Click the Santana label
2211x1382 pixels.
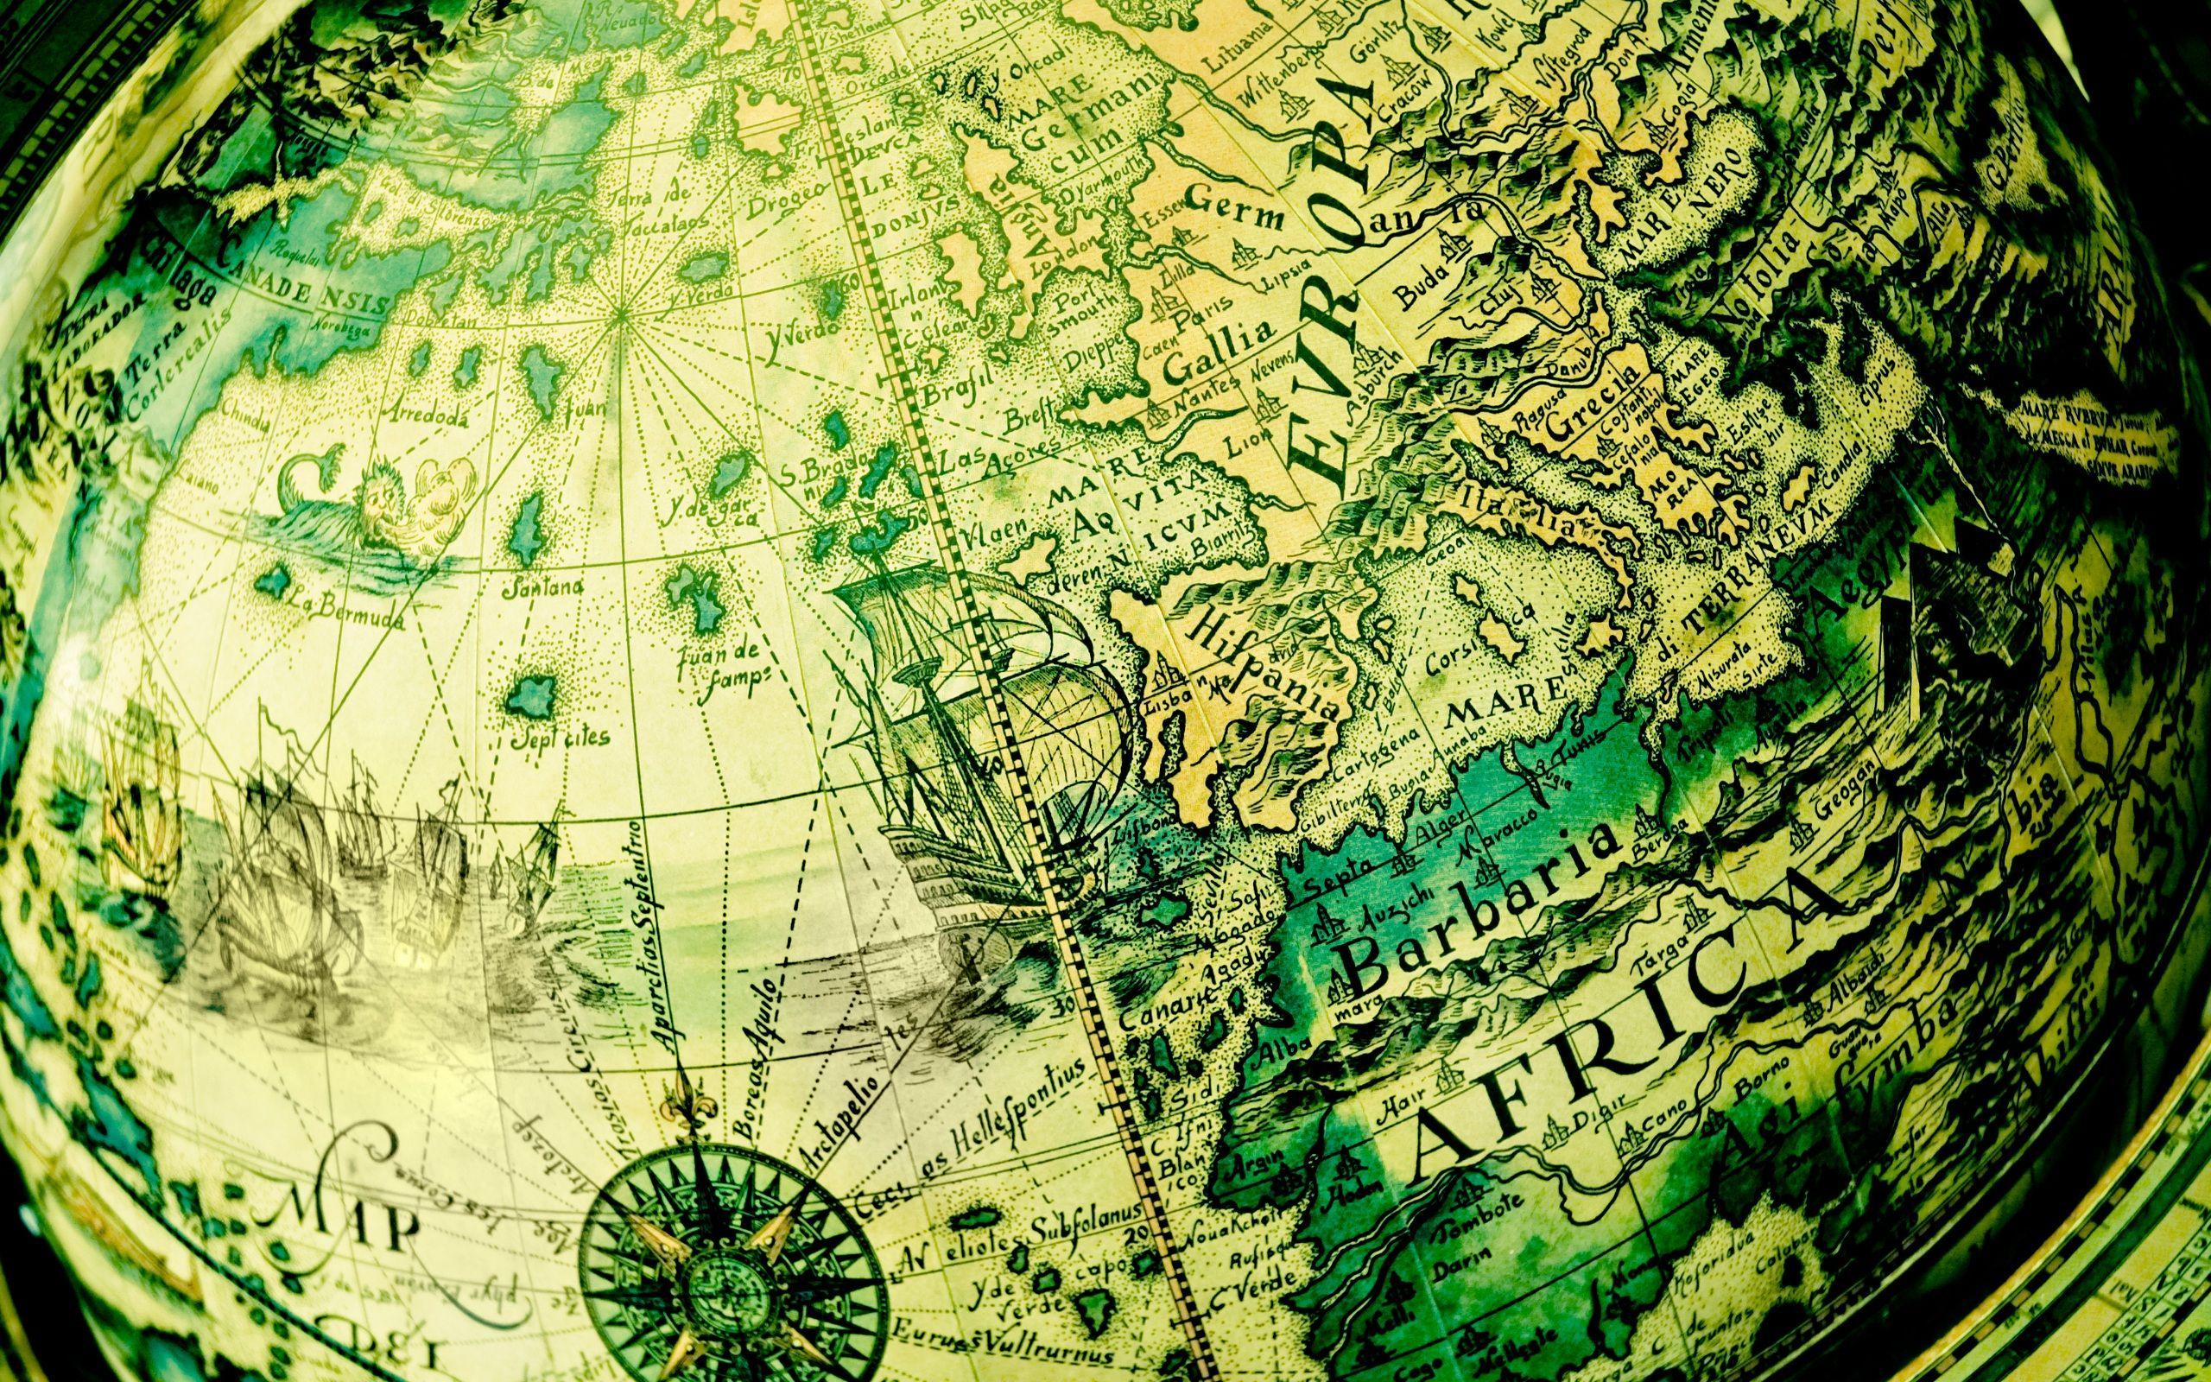coord(549,587)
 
